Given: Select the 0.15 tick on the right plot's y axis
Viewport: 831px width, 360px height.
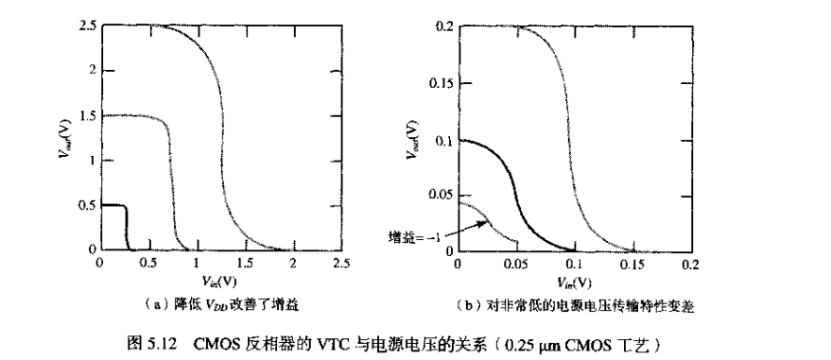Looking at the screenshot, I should pos(439,81).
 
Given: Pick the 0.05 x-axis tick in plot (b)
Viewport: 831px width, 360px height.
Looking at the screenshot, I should pos(516,260).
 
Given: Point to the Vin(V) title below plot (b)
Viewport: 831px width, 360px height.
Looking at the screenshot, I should pos(574,281).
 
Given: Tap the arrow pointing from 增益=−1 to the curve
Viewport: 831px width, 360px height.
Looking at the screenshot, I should pos(468,229).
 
